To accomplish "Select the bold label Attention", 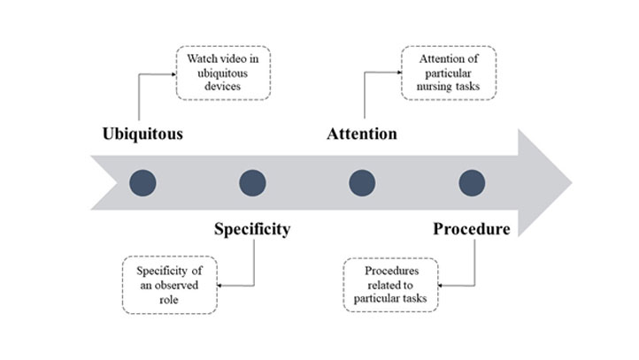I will pos(361,134).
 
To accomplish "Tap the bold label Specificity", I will pos(252,230).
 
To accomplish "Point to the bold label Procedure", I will pos(471,230).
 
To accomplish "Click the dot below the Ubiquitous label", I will pos(142,183).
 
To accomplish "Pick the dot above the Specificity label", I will pos(253,183).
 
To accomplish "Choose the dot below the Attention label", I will pos(362,183).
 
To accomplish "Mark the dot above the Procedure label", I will pos(472,183).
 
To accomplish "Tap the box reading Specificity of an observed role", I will pos(168,285).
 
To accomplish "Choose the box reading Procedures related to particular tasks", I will pos(389,285).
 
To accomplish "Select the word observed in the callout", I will pos(178,285).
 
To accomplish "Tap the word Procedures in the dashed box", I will pos(389,270).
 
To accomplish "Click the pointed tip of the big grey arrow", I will pos(571,183).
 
